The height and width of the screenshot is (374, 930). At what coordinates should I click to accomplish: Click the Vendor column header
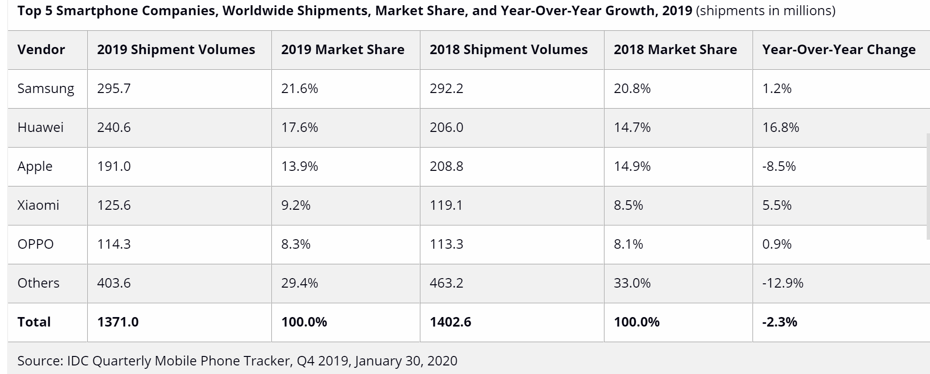click(41, 50)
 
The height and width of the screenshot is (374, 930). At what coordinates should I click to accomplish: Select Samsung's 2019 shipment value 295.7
click(114, 89)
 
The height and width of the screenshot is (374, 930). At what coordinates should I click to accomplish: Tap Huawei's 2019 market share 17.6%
click(299, 128)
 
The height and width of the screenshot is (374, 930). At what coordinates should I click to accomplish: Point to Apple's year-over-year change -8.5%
click(779, 167)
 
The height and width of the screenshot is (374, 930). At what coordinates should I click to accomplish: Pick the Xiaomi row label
click(38, 206)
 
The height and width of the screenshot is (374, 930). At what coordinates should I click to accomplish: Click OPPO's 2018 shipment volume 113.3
click(446, 244)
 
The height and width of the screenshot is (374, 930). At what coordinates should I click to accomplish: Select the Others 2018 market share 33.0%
click(632, 283)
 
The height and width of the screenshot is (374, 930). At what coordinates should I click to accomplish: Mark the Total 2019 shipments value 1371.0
click(118, 322)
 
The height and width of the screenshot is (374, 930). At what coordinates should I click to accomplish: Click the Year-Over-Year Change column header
click(839, 50)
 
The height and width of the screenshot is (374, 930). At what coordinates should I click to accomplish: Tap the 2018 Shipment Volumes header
click(509, 50)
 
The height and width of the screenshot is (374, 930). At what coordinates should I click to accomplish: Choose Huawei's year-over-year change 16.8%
click(781, 128)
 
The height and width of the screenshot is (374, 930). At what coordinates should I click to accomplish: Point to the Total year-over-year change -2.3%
click(780, 322)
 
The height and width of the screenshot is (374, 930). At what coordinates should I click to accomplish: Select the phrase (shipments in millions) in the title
click(765, 10)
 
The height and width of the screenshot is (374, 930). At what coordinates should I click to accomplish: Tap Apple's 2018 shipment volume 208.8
click(446, 167)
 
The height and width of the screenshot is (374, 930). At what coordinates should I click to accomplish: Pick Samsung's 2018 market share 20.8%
click(632, 89)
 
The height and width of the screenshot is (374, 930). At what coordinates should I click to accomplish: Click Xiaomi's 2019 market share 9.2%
click(296, 206)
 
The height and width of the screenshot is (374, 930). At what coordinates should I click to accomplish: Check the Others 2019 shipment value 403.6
click(114, 283)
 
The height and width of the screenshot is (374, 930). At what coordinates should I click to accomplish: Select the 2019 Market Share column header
click(343, 50)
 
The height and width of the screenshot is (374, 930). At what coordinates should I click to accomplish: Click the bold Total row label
click(34, 322)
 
